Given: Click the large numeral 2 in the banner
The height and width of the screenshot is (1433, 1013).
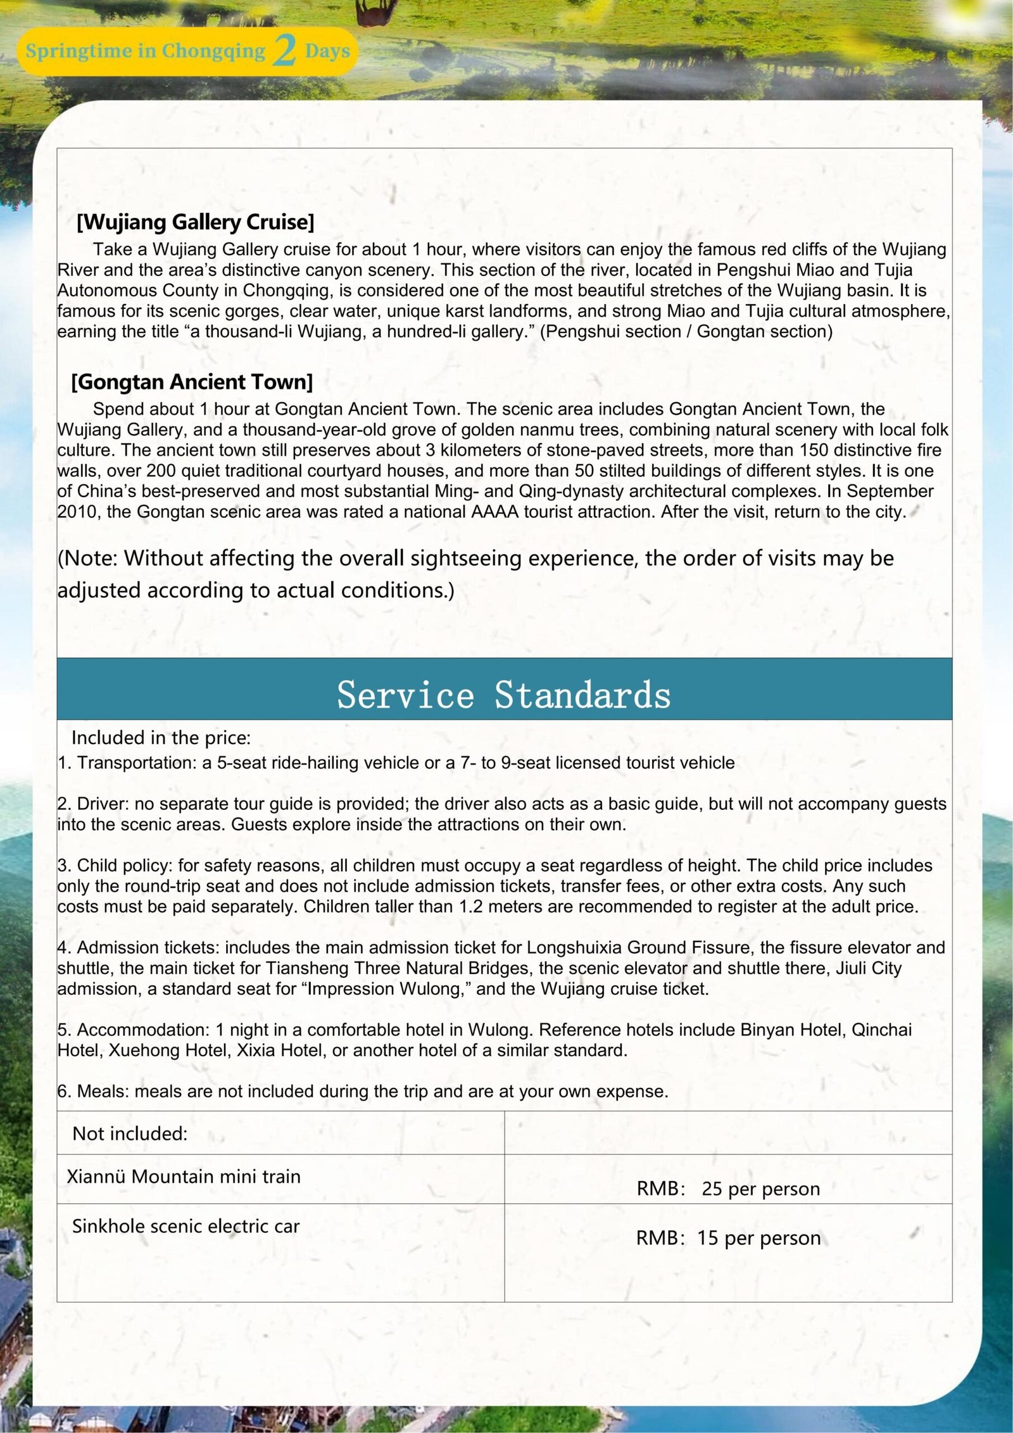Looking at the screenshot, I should pyautogui.click(x=285, y=51).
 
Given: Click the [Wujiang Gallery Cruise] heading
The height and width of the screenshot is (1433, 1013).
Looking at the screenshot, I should pyautogui.click(x=195, y=222).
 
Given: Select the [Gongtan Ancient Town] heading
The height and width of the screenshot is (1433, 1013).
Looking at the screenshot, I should pyautogui.click(x=192, y=382).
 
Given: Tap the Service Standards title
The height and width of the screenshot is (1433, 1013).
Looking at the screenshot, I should pyautogui.click(x=504, y=695).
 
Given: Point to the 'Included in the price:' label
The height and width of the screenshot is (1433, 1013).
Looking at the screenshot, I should pyautogui.click(x=161, y=738).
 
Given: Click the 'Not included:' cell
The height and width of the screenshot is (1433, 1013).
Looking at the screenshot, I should pyautogui.click(x=130, y=1133).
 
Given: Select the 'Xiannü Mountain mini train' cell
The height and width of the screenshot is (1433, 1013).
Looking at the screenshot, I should pyautogui.click(x=184, y=1177).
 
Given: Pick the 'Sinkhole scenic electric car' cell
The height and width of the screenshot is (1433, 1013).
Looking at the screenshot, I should pyautogui.click(x=186, y=1226).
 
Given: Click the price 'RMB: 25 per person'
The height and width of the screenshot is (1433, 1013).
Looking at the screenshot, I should pyautogui.click(x=728, y=1189).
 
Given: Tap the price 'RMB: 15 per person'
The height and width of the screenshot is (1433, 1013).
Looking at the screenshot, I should pyautogui.click(x=728, y=1238).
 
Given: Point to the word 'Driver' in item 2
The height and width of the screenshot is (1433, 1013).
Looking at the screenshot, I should pyautogui.click(x=101, y=804).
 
